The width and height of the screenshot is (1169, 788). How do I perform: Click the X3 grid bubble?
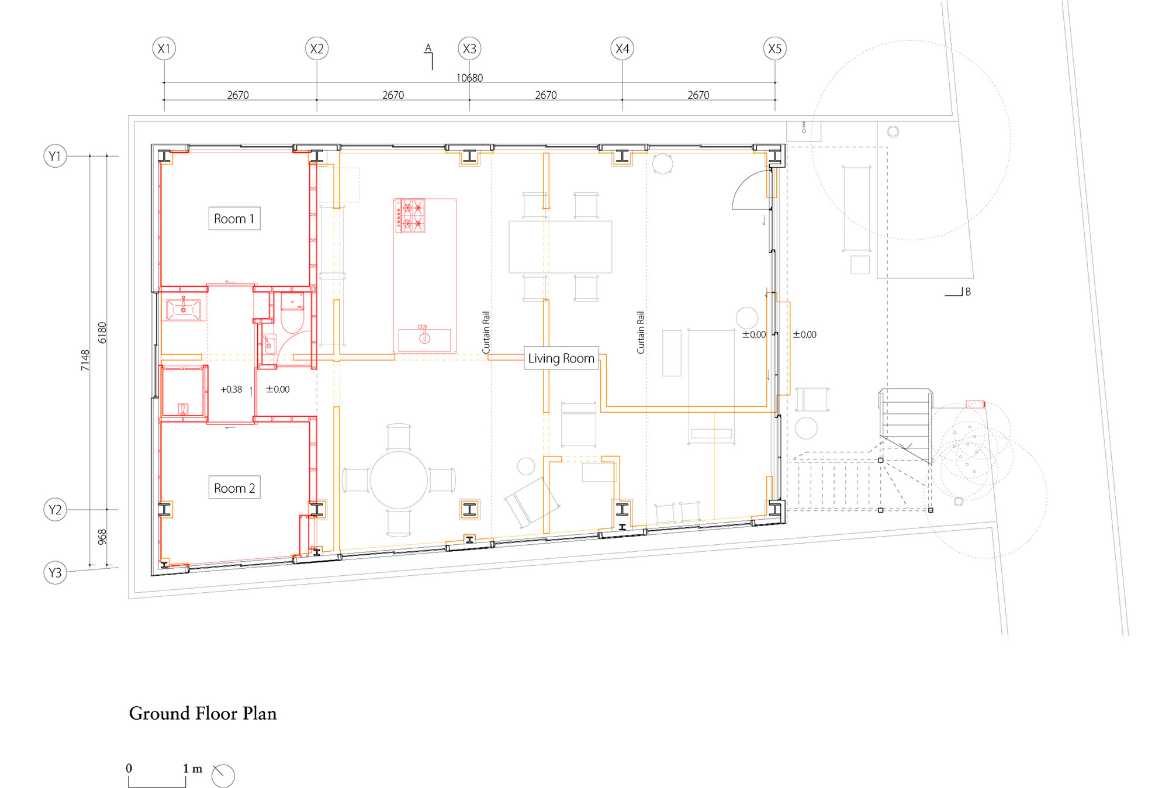coord(469,49)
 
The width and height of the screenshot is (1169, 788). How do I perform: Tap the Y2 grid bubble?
coord(55,510)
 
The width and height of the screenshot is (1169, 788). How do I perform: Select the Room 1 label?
coord(234,219)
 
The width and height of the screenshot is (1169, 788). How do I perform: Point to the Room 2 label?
coord(234,488)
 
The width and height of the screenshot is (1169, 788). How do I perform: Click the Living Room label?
coord(561,358)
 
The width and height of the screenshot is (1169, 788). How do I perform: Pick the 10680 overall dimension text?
coord(469,78)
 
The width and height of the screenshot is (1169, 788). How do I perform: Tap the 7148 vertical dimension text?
coord(85,360)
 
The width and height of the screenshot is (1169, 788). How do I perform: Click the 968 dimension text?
coord(102,537)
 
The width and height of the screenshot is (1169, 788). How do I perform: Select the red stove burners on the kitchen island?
coord(410,216)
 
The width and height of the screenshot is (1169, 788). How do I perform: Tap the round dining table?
coord(399,480)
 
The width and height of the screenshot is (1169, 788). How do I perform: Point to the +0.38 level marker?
coord(231,389)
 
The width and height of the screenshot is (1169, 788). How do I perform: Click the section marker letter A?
coord(428,48)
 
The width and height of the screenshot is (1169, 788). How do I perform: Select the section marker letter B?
coord(968,292)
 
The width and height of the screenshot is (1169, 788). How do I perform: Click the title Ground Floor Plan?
coord(203,713)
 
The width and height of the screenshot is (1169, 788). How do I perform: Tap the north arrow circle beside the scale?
coord(223,776)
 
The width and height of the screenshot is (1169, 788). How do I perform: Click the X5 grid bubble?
coord(775,49)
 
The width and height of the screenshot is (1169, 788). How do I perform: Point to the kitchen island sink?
coord(425,338)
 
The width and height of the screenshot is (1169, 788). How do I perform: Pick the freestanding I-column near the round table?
coord(469,509)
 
